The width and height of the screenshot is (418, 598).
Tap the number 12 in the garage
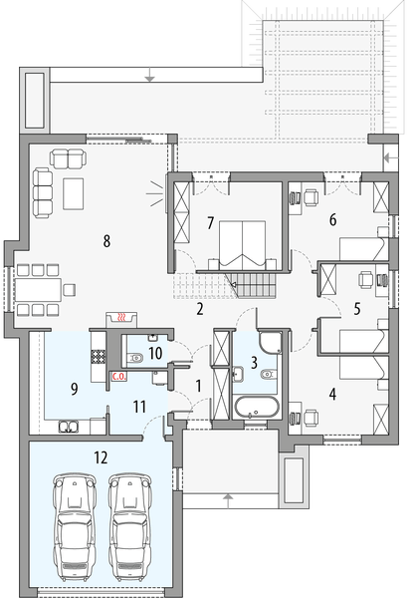coord(100,457)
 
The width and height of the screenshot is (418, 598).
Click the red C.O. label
coord(117,377)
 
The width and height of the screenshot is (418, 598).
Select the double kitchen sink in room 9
coord(69,428)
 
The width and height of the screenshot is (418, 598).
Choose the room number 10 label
coord(155,352)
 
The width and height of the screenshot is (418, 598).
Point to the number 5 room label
coord(356,309)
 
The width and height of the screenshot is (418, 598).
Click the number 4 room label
coord(332,394)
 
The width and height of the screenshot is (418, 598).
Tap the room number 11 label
coord(139,406)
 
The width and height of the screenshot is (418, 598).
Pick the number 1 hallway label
coord(198,385)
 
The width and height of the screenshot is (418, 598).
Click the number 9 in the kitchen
coord(73,388)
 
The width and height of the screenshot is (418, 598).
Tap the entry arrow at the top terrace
coord(148,73)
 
